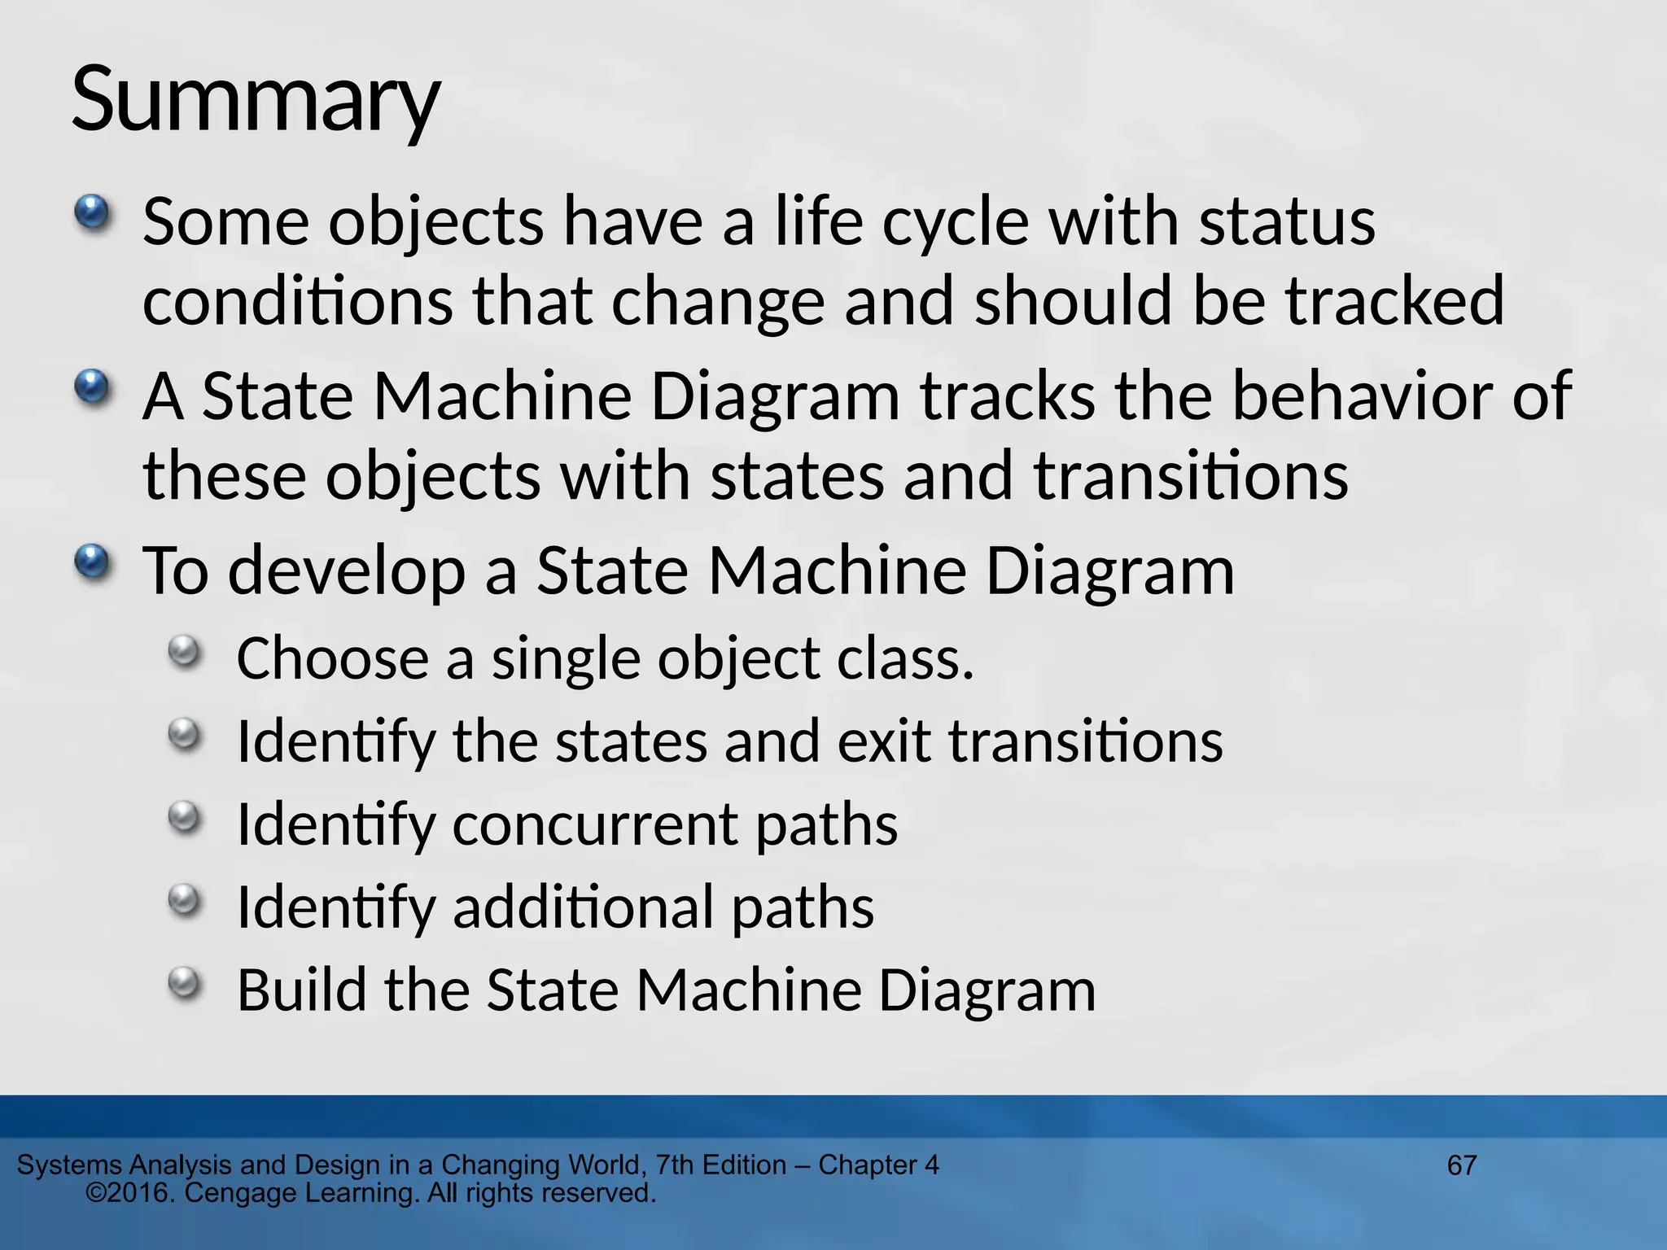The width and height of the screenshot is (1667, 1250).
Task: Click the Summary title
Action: [x=256, y=101]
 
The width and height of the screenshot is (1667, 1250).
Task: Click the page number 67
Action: [x=1462, y=1165]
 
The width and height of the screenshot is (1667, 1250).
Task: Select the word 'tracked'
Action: [x=1395, y=301]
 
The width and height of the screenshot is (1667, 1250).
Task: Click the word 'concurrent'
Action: [x=593, y=824]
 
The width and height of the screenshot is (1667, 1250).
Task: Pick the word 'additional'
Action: [x=583, y=907]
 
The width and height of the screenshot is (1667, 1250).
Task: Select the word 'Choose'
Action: [x=332, y=658]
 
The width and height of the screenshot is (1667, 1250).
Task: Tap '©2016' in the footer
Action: [x=130, y=1193]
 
